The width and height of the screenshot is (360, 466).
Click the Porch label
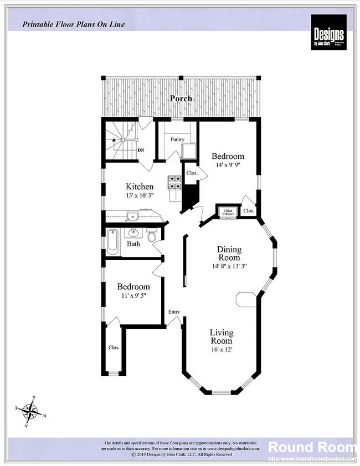pos(181,99)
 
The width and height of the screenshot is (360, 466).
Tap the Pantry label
pos(177,139)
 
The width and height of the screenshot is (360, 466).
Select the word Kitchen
pos(139,187)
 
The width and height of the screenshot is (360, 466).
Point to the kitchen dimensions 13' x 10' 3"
pos(139,195)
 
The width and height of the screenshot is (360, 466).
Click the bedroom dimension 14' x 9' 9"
pos(228,165)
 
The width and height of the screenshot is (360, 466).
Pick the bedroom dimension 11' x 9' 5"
pos(133,296)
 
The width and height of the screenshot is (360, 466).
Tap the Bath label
pos(133,244)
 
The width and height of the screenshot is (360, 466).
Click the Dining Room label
pos(229,253)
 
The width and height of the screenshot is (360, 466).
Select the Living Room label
pos(221,337)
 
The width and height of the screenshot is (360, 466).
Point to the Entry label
pos(174,312)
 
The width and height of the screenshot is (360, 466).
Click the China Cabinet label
pos(227,212)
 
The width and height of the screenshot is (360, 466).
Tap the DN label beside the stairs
pos(141,150)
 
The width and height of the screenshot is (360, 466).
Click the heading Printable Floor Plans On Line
pos(73,24)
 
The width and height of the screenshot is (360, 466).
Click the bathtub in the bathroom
pos(112,242)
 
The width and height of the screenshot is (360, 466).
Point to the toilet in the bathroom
pos(152,235)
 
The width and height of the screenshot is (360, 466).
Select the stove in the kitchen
pos(175,183)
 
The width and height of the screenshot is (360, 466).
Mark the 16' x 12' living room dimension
pos(221,350)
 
